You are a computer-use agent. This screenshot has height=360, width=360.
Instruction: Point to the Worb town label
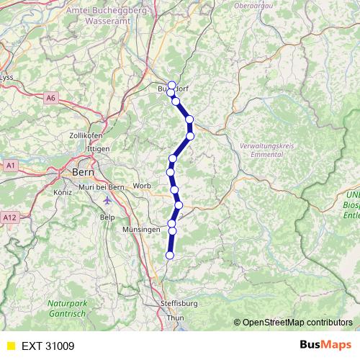(x=143, y=185)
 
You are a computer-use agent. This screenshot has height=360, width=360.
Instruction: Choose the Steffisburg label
(x=179, y=304)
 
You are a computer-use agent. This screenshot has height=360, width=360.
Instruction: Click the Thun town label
(x=175, y=317)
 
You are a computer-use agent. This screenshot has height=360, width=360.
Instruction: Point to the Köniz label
(x=64, y=193)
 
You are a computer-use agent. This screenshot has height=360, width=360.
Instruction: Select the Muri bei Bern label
(x=102, y=187)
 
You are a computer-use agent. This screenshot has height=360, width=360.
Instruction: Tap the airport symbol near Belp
(x=108, y=201)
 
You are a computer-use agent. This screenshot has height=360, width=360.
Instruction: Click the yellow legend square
(x=10, y=346)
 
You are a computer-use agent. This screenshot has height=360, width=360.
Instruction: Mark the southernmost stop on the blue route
(x=171, y=255)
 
